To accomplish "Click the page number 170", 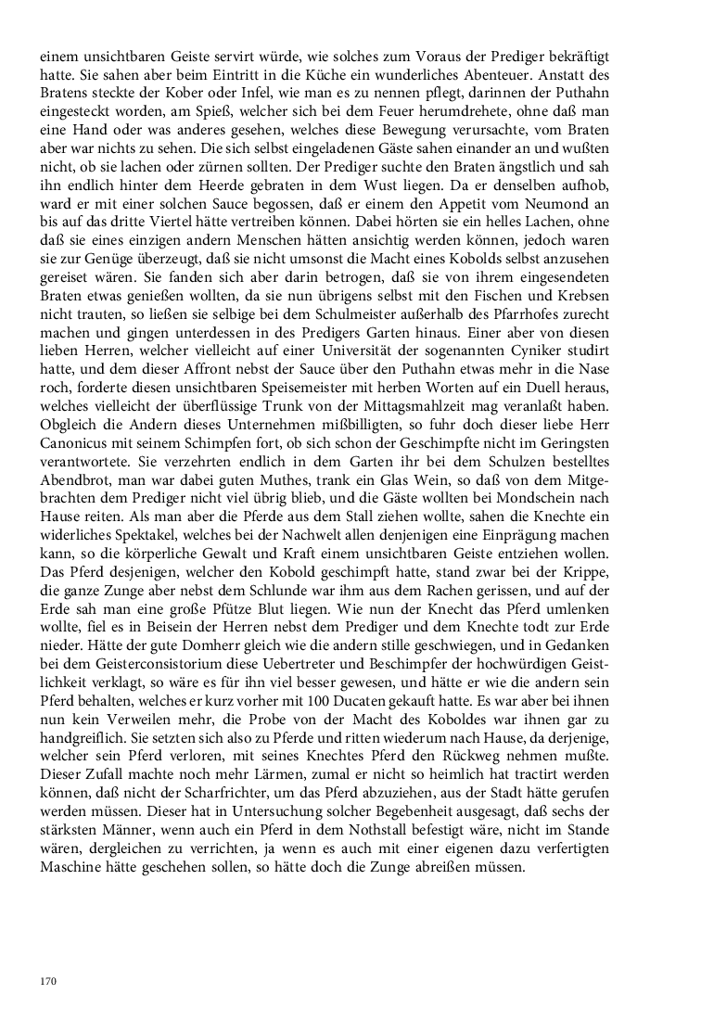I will [x=47, y=980].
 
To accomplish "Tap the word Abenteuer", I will [x=531, y=77].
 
